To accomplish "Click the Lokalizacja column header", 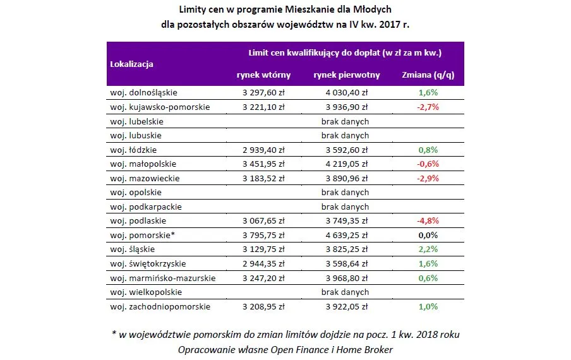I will tap(131, 64).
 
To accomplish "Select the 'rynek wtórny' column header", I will tap(263, 75).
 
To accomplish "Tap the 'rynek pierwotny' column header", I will tap(346, 75).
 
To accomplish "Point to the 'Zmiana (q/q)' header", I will tap(428, 75).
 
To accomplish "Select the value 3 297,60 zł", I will tap(263, 92).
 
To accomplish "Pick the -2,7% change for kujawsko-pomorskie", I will tap(428, 107).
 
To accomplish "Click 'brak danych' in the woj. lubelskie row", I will tap(345, 121).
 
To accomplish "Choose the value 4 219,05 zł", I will tap(345, 164).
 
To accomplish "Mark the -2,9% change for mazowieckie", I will tap(428, 179).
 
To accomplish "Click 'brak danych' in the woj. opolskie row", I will tap(345, 193).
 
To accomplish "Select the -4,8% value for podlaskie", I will tap(428, 221).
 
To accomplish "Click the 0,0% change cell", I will tap(428, 236).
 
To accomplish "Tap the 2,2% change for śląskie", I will tap(428, 249).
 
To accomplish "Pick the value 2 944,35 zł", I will tap(263, 264).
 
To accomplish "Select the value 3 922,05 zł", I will tap(345, 307).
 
